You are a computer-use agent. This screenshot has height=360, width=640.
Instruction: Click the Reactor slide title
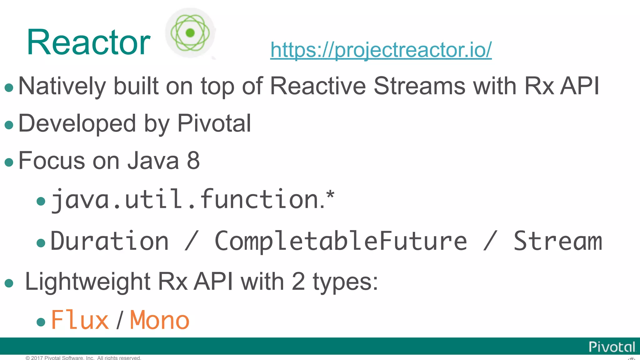(x=89, y=42)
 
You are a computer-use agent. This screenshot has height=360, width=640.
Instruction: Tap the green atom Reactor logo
(x=190, y=33)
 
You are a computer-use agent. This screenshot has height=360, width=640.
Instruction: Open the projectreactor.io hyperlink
(x=381, y=50)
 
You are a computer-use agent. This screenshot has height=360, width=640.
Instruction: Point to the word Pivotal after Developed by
(x=214, y=123)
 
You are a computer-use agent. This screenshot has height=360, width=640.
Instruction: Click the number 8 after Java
(x=193, y=161)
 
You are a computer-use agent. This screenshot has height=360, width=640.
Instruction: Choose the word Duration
(x=109, y=241)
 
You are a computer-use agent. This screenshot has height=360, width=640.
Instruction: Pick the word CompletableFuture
(x=341, y=241)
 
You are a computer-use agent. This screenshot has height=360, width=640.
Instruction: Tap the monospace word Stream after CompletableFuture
(x=558, y=241)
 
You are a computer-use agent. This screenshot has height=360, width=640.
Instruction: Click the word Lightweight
(x=87, y=282)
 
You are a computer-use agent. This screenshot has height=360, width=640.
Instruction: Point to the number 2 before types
(x=298, y=282)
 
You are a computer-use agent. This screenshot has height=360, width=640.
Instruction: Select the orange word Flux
(x=80, y=320)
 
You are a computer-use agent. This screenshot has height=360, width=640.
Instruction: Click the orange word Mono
(x=159, y=320)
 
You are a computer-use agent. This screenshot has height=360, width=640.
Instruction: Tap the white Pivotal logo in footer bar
(x=612, y=347)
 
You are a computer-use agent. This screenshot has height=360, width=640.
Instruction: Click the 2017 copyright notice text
(x=83, y=358)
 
